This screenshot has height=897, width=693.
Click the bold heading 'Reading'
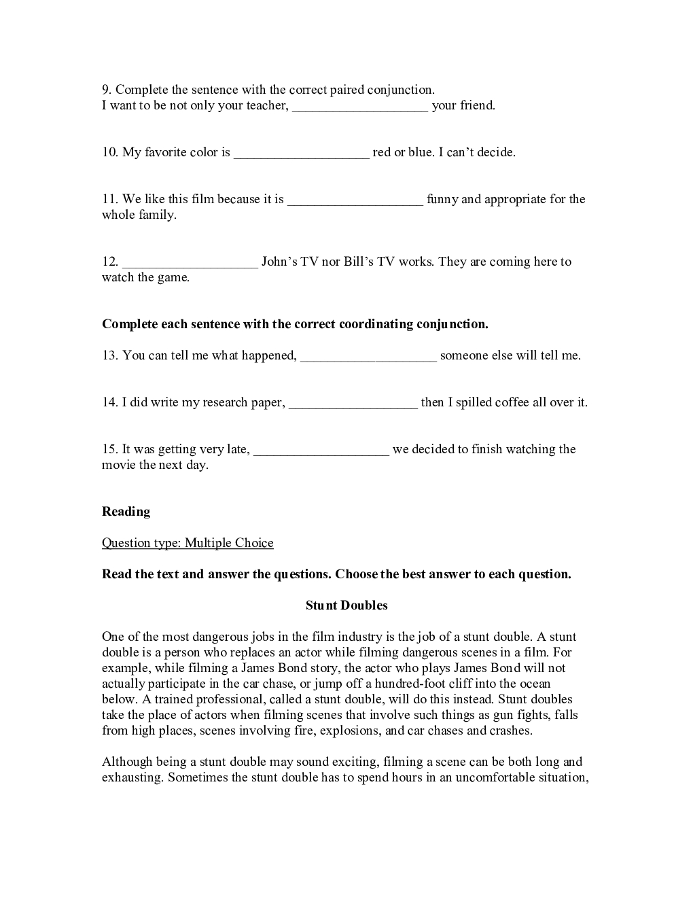click(126, 512)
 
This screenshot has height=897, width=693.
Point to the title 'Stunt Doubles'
click(346, 605)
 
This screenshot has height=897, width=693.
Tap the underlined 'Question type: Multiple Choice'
click(188, 543)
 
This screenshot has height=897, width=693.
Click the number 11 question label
click(110, 199)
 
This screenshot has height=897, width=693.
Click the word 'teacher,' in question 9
click(267, 105)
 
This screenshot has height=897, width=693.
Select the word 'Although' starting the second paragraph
click(127, 762)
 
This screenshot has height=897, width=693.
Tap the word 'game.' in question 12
click(174, 277)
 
